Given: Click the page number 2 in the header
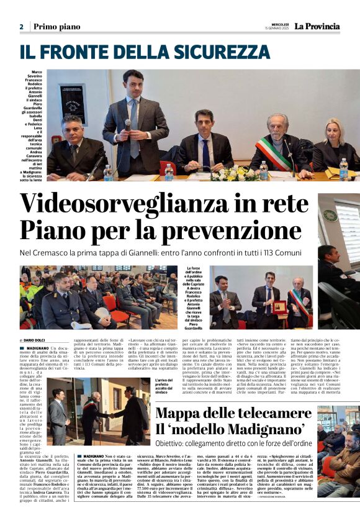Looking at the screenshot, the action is [21, 27].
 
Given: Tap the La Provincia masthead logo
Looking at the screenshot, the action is [317, 26].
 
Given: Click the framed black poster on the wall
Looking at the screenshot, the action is [73, 99].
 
